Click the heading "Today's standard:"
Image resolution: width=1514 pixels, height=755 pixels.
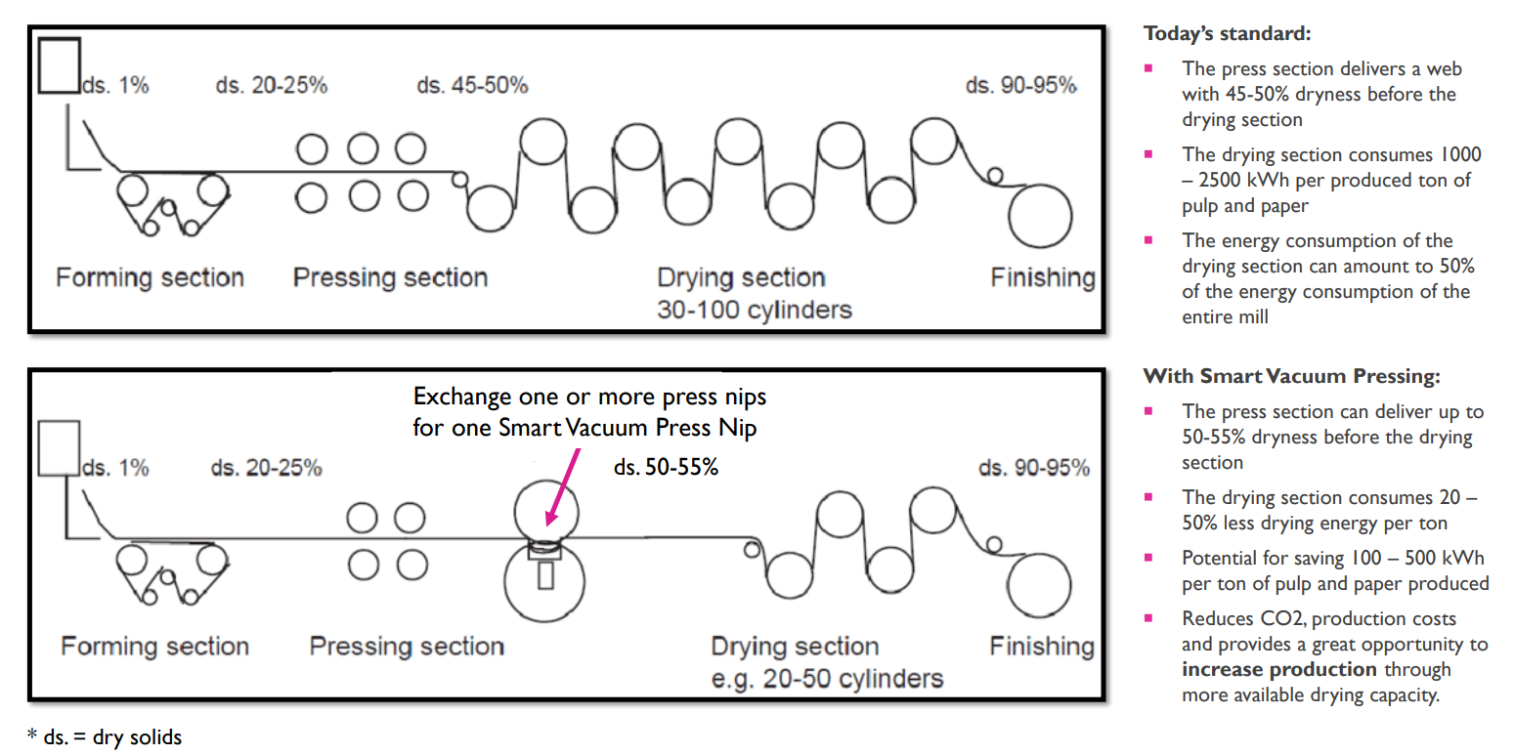pos(1227,34)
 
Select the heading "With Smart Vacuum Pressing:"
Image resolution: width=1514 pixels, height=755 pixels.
pos(1291,376)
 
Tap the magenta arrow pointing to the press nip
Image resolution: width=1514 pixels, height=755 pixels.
pos(563,486)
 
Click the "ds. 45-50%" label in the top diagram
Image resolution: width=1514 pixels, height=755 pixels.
pos(472,86)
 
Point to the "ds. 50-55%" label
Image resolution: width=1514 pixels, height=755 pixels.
pos(666,467)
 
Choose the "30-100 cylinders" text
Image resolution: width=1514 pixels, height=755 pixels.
pos(755,310)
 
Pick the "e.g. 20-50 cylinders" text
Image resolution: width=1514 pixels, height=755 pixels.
pos(827,679)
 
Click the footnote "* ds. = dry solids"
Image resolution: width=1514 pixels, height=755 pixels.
pos(105,737)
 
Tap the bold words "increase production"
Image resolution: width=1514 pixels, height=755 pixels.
pos(1278,669)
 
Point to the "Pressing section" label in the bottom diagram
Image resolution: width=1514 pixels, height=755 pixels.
pos(407,647)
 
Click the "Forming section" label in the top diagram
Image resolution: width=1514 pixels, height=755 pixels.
pos(150,277)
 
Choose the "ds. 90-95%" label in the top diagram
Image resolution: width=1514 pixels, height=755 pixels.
pos(1020,86)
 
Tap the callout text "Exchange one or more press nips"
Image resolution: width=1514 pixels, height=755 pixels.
pos(589,397)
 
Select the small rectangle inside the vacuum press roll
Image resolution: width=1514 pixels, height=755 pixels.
pos(545,576)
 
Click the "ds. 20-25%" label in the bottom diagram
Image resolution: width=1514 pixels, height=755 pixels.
pos(266,468)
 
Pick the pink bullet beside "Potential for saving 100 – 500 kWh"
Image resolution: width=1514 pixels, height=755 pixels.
pos(1148,558)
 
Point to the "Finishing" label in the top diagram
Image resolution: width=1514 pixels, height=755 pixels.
pos(1043,277)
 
